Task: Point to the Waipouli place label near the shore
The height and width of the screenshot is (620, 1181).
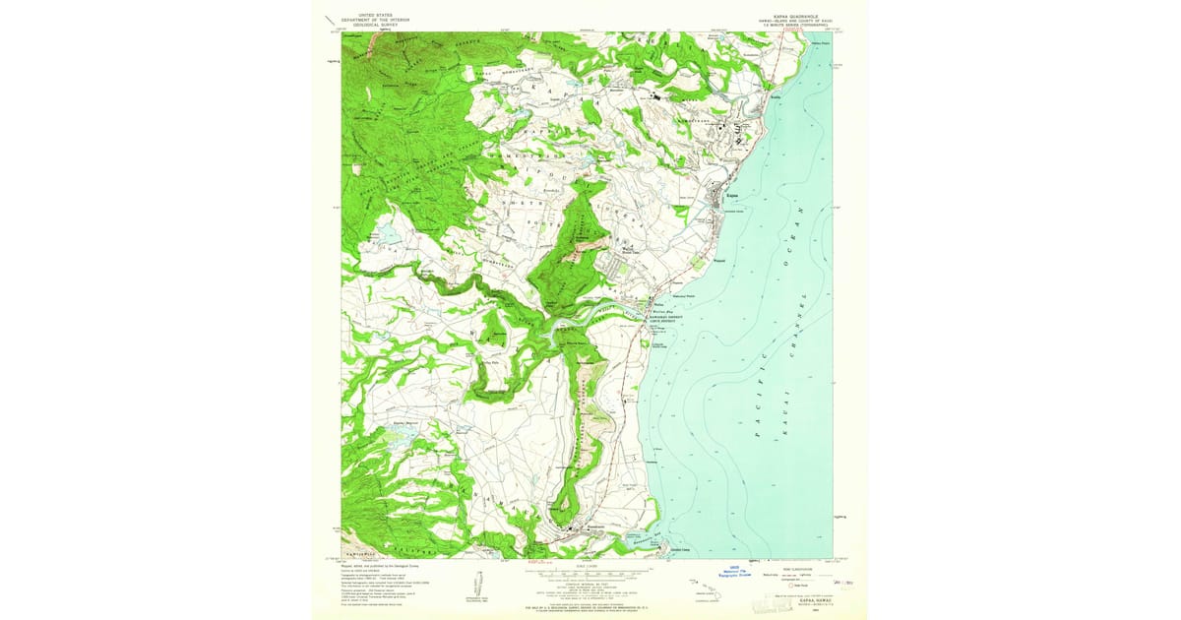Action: [x=719, y=261]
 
